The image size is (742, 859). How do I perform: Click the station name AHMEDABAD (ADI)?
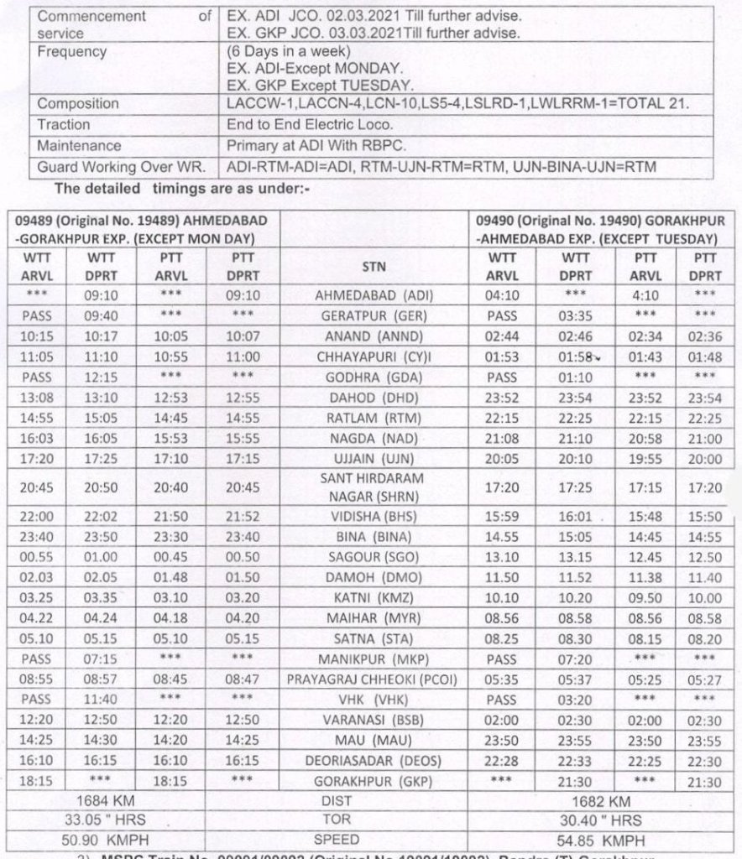[x=373, y=296]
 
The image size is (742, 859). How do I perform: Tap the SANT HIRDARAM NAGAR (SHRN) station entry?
[x=373, y=486]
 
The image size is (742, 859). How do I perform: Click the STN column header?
[x=373, y=267]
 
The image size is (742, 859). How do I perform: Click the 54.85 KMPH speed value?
[x=602, y=840]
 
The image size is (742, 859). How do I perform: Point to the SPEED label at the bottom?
[x=373, y=840]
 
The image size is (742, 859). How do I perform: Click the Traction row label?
[x=64, y=124]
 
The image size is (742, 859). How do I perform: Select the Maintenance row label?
[x=80, y=145]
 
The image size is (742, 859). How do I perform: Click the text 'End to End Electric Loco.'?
[x=316, y=124]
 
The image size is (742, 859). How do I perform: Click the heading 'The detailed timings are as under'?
[x=182, y=189]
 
